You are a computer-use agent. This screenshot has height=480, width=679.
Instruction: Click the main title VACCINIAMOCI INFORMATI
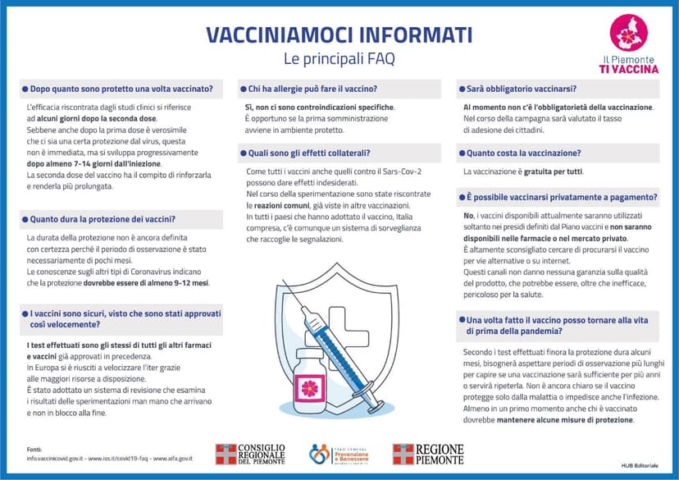pyautogui.click(x=339, y=34)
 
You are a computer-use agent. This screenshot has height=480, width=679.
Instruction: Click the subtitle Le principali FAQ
pyautogui.click(x=338, y=58)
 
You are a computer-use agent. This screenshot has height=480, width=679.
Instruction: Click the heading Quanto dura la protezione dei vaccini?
pyautogui.click(x=103, y=219)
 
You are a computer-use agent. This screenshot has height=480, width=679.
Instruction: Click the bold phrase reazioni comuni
pyautogui.click(x=279, y=204)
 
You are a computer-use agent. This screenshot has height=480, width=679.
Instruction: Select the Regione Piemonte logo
pyautogui.click(x=427, y=455)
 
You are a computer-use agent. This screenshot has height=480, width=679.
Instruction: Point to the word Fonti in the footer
pyautogui.click(x=34, y=449)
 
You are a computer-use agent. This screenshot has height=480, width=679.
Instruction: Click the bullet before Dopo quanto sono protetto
pyautogui.click(x=25, y=89)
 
